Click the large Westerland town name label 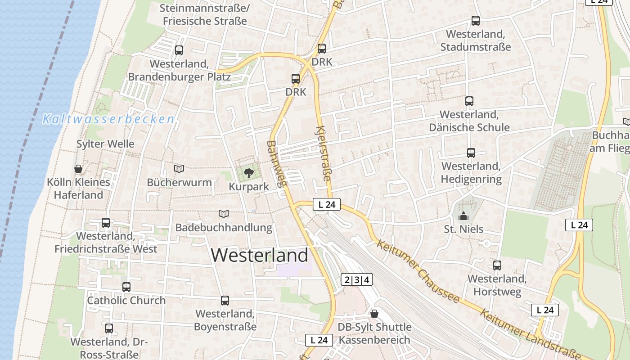pyautogui.click(x=260, y=255)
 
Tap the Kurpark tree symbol pyautogui.click(x=248, y=173)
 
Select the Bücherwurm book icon pyautogui.click(x=179, y=169)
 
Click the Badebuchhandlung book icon pyautogui.click(x=224, y=214)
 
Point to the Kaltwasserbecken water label pyautogui.click(x=108, y=119)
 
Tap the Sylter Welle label pyautogui.click(x=105, y=144)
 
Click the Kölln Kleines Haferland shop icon pyautogui.click(x=78, y=169)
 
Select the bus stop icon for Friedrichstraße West pyautogui.click(x=106, y=222)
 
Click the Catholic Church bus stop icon pyautogui.click(x=126, y=287)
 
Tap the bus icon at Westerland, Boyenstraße pyautogui.click(x=225, y=300)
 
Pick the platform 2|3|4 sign pyautogui.click(x=357, y=279)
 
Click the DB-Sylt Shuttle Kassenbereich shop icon pyautogui.click(x=374, y=314)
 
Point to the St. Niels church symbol pyautogui.click(x=463, y=216)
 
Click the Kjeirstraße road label pyautogui.click(x=324, y=153)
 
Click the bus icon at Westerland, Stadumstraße pyautogui.click(x=476, y=20)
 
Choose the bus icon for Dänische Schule pyautogui.click(x=469, y=101)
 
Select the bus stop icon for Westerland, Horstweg pyautogui.click(x=497, y=265)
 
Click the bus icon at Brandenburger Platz pyautogui.click(x=179, y=50)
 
